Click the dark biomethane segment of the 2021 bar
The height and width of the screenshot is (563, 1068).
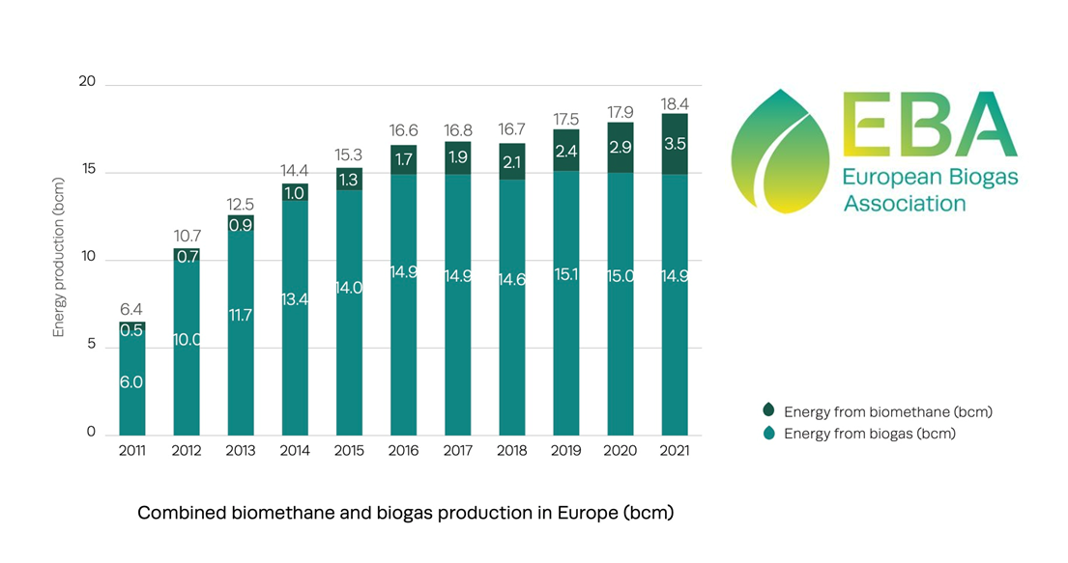click(675, 144)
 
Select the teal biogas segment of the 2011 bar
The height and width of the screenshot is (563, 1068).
click(132, 386)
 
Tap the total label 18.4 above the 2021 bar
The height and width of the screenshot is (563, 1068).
click(675, 103)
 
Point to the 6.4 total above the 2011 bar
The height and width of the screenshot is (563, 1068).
click(132, 310)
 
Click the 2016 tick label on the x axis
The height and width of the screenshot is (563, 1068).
click(404, 451)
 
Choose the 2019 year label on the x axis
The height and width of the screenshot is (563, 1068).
click(566, 451)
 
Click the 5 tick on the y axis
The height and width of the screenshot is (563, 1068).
click(91, 346)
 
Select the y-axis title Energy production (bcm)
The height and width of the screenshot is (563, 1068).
click(59, 257)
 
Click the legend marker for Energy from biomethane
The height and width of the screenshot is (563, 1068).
click(768, 411)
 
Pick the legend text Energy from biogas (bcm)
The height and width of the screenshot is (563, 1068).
click(869, 434)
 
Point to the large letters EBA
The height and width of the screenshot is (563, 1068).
click(928, 126)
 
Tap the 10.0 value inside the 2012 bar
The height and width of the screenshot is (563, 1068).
click(187, 339)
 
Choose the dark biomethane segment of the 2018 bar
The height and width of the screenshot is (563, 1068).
click(512, 161)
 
